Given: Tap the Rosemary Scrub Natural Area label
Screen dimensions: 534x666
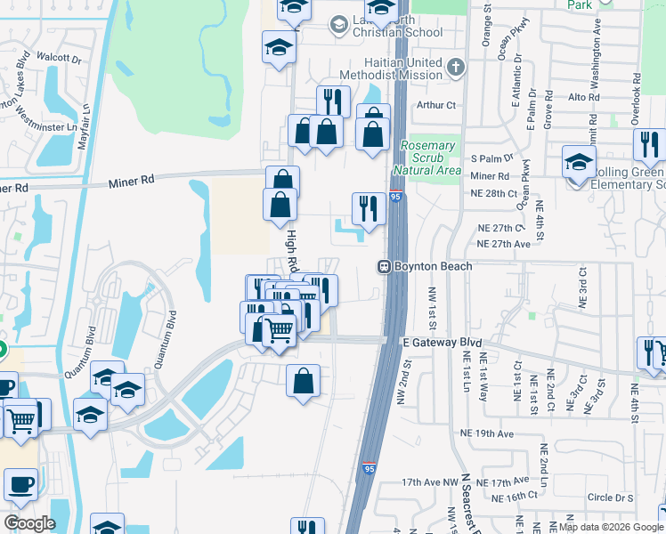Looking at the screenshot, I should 427,158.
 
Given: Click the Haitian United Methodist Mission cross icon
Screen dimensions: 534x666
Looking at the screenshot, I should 456,68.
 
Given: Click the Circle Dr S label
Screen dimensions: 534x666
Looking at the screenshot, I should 611,498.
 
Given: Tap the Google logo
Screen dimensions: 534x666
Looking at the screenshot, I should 29,523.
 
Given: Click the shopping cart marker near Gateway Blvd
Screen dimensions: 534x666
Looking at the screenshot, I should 280,330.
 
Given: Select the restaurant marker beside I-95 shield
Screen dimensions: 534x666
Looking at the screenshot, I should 368,209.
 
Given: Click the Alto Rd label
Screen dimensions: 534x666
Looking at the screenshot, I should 583,97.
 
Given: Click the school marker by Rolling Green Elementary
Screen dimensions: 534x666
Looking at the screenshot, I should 578,162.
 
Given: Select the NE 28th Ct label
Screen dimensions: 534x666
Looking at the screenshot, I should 492,193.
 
